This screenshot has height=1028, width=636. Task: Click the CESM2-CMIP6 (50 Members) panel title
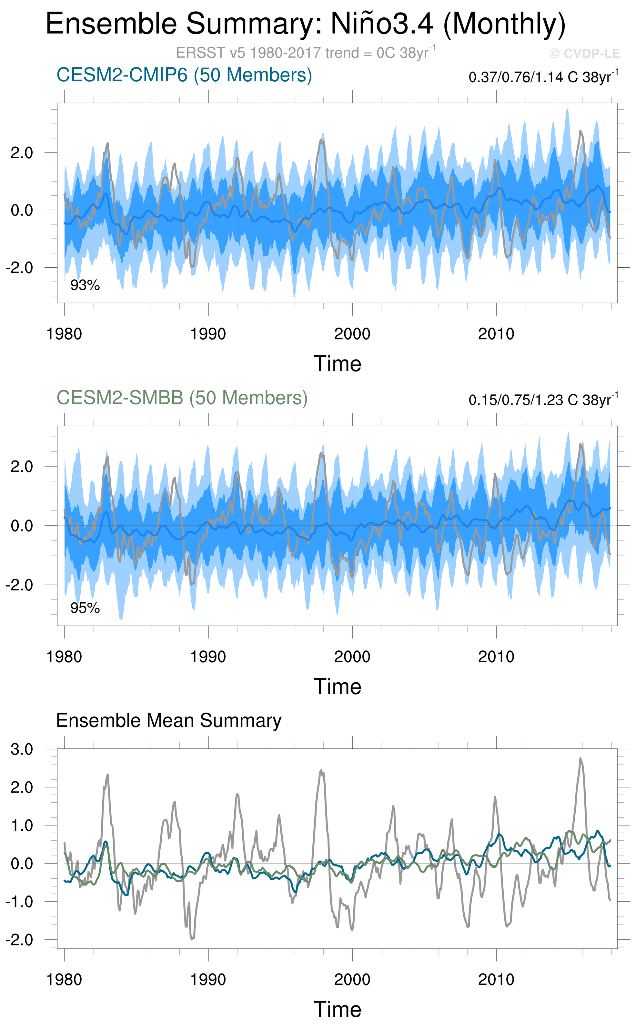(184, 75)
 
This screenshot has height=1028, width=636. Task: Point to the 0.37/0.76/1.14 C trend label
(543, 77)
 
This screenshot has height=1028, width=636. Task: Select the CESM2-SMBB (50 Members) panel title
(182, 398)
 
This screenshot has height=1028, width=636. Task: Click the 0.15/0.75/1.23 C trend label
(543, 400)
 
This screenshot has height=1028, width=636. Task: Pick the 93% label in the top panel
(85, 285)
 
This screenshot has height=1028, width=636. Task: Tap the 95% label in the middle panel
(85, 608)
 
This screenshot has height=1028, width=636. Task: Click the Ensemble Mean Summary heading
(169, 720)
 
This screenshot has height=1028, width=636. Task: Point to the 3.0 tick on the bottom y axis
(22, 749)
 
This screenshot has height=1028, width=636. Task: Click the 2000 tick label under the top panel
(352, 334)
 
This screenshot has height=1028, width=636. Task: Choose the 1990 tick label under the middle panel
(208, 657)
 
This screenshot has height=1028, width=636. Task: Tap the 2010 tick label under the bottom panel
(496, 979)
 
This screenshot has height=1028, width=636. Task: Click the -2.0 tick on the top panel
(19, 268)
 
